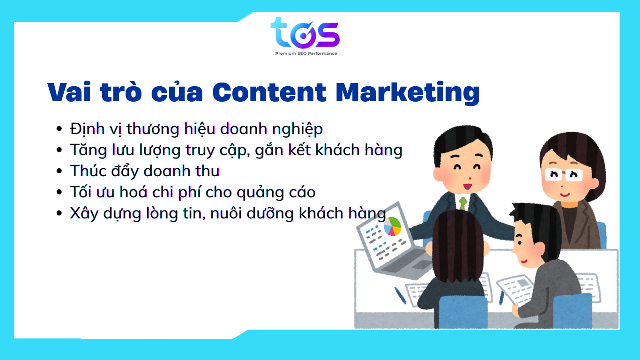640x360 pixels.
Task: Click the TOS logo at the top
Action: (305, 33)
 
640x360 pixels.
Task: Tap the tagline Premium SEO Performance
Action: (306, 53)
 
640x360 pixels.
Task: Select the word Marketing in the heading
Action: (408, 93)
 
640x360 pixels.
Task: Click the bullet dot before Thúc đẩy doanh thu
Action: (59, 171)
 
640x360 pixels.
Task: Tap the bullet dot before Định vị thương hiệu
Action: (59, 129)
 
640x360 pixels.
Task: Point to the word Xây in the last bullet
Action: (84, 213)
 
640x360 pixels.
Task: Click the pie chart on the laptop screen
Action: (392, 226)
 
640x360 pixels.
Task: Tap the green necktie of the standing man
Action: (463, 203)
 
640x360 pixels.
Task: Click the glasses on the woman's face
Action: (564, 174)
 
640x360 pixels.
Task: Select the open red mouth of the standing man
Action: (468, 187)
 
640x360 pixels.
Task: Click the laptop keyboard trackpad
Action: (422, 265)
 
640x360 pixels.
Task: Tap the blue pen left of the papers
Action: (400, 295)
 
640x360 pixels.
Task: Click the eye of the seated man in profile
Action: (520, 242)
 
